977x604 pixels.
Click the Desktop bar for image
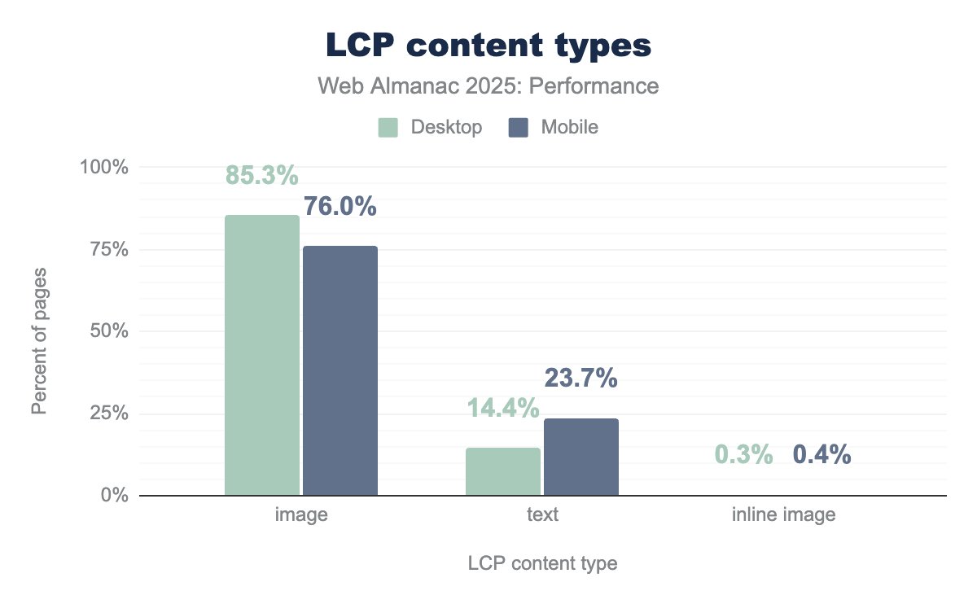pos(262,355)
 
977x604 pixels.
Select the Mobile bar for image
pos(340,370)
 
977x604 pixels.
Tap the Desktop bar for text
pos(503,471)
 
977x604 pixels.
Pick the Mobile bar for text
pos(581,457)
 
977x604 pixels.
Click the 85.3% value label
pos(261,175)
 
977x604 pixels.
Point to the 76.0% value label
pos(340,207)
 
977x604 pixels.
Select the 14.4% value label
pos(502,408)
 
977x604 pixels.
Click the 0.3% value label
pos(744,455)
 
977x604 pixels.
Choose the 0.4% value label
pos(822,455)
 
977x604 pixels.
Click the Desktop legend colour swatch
pos(388,127)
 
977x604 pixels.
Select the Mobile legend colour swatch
pos(519,127)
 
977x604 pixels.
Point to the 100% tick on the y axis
pos(104,167)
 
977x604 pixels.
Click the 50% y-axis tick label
pos(109,331)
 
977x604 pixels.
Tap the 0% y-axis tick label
pos(114,495)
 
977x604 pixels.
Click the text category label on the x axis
pos(542,515)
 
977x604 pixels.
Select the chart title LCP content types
pos(488,46)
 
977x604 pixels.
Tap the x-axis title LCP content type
pos(542,563)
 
